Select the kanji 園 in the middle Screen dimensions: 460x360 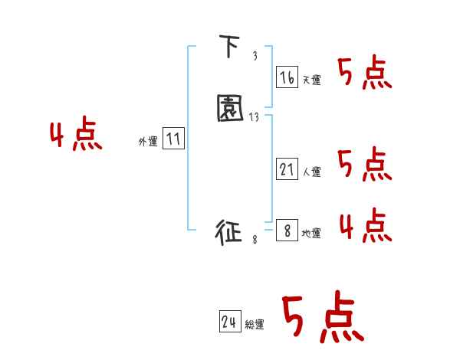[x=230, y=109]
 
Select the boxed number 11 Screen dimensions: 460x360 [x=173, y=139]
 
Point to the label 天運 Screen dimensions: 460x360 [x=312, y=80]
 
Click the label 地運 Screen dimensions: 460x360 [x=311, y=234]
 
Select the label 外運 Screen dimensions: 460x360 [x=148, y=142]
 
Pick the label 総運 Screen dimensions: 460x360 [x=255, y=326]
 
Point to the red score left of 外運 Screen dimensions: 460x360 [x=76, y=136]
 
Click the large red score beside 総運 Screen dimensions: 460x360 [x=322, y=318]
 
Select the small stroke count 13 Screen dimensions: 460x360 [x=255, y=116]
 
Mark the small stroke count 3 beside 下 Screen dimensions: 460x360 [x=255, y=57]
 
